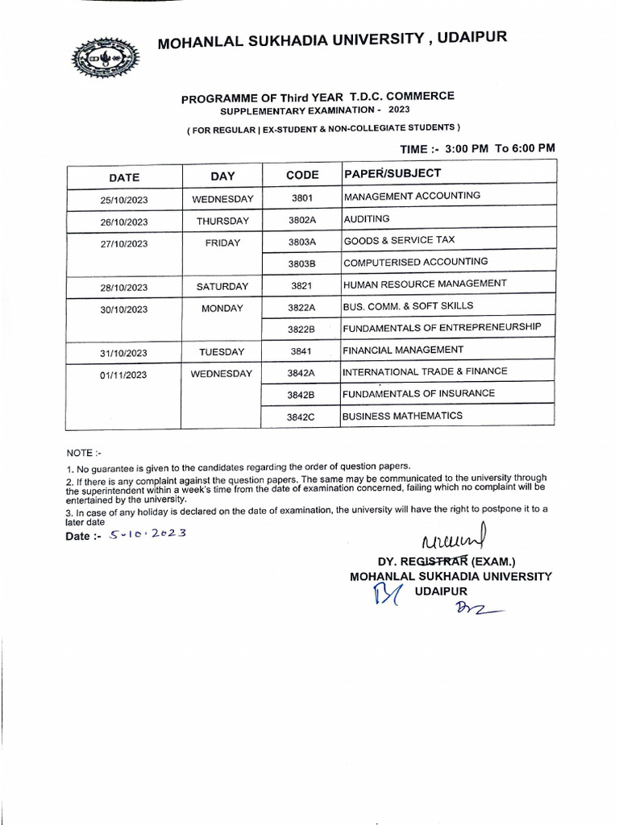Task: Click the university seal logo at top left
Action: coord(105,57)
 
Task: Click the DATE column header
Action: coord(124,177)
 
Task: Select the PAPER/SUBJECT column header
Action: coord(393,174)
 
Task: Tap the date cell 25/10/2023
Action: coord(124,200)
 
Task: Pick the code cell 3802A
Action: coord(301,220)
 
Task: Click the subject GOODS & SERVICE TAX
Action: coord(410,240)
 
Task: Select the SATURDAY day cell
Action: coord(222,286)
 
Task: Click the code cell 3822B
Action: coord(301,329)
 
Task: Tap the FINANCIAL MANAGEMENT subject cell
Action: coord(403,350)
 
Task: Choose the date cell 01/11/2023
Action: coord(124,375)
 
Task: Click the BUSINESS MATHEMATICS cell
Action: coord(403,416)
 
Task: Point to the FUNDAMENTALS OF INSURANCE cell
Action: coord(418,394)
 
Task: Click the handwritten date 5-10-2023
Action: coord(148,535)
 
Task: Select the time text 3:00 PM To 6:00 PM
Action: coord(500,148)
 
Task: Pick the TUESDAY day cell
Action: coord(222,352)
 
